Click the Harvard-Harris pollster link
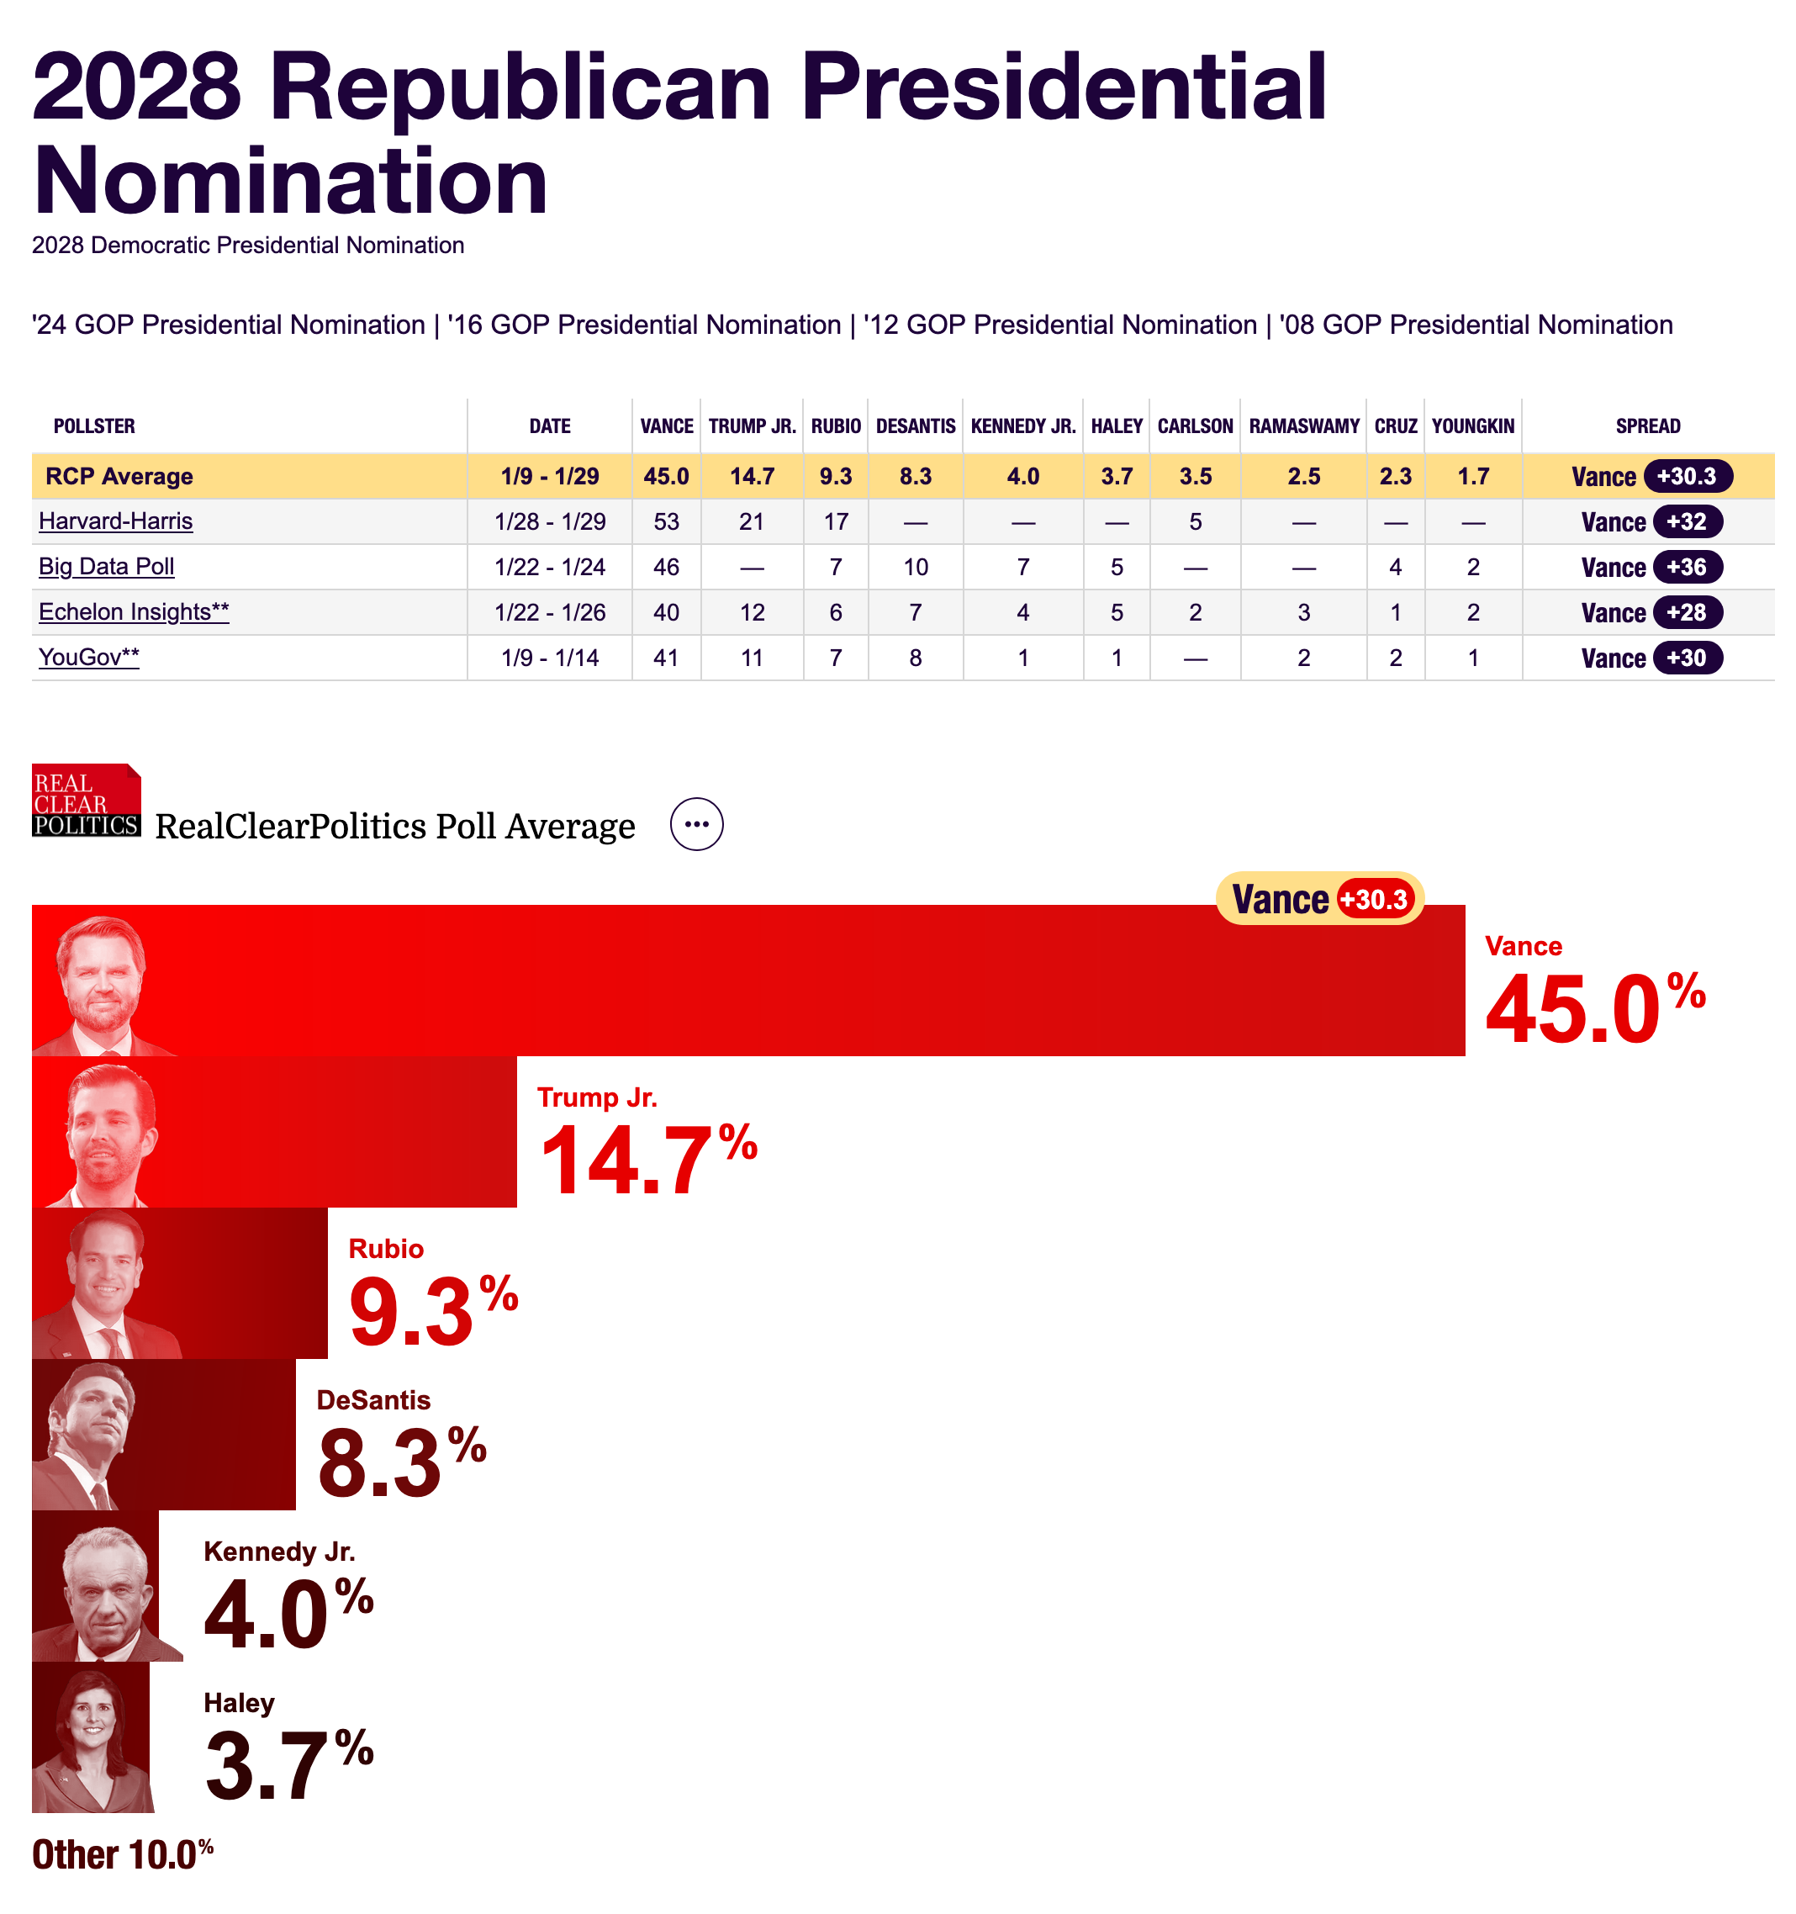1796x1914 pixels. pyautogui.click(x=115, y=522)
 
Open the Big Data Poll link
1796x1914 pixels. pyautogui.click(x=106, y=567)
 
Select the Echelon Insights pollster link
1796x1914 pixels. pyautogui.click(x=134, y=612)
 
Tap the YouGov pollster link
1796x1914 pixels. pyautogui.click(x=88, y=658)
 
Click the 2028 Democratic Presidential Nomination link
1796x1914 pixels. pyautogui.click(x=247, y=246)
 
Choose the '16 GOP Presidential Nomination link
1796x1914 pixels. pyautogui.click(x=644, y=325)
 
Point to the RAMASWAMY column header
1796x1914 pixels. pyautogui.click(x=1303, y=426)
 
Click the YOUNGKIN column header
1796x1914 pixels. pyautogui.click(x=1472, y=426)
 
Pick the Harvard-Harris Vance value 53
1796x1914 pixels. pyautogui.click(x=666, y=522)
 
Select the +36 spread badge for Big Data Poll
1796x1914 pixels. pyautogui.click(x=1687, y=567)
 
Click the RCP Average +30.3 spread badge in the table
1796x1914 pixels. pyautogui.click(x=1687, y=477)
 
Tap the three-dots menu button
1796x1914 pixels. pyautogui.click(x=696, y=824)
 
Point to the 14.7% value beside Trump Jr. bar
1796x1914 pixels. pyautogui.click(x=647, y=1161)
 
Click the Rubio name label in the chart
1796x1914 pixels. pyautogui.click(x=386, y=1249)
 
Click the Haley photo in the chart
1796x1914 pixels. pyautogui.click(x=92, y=1737)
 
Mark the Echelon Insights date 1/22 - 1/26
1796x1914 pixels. pyautogui.click(x=550, y=612)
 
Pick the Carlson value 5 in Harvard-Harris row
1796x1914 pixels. pyautogui.click(x=1195, y=522)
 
